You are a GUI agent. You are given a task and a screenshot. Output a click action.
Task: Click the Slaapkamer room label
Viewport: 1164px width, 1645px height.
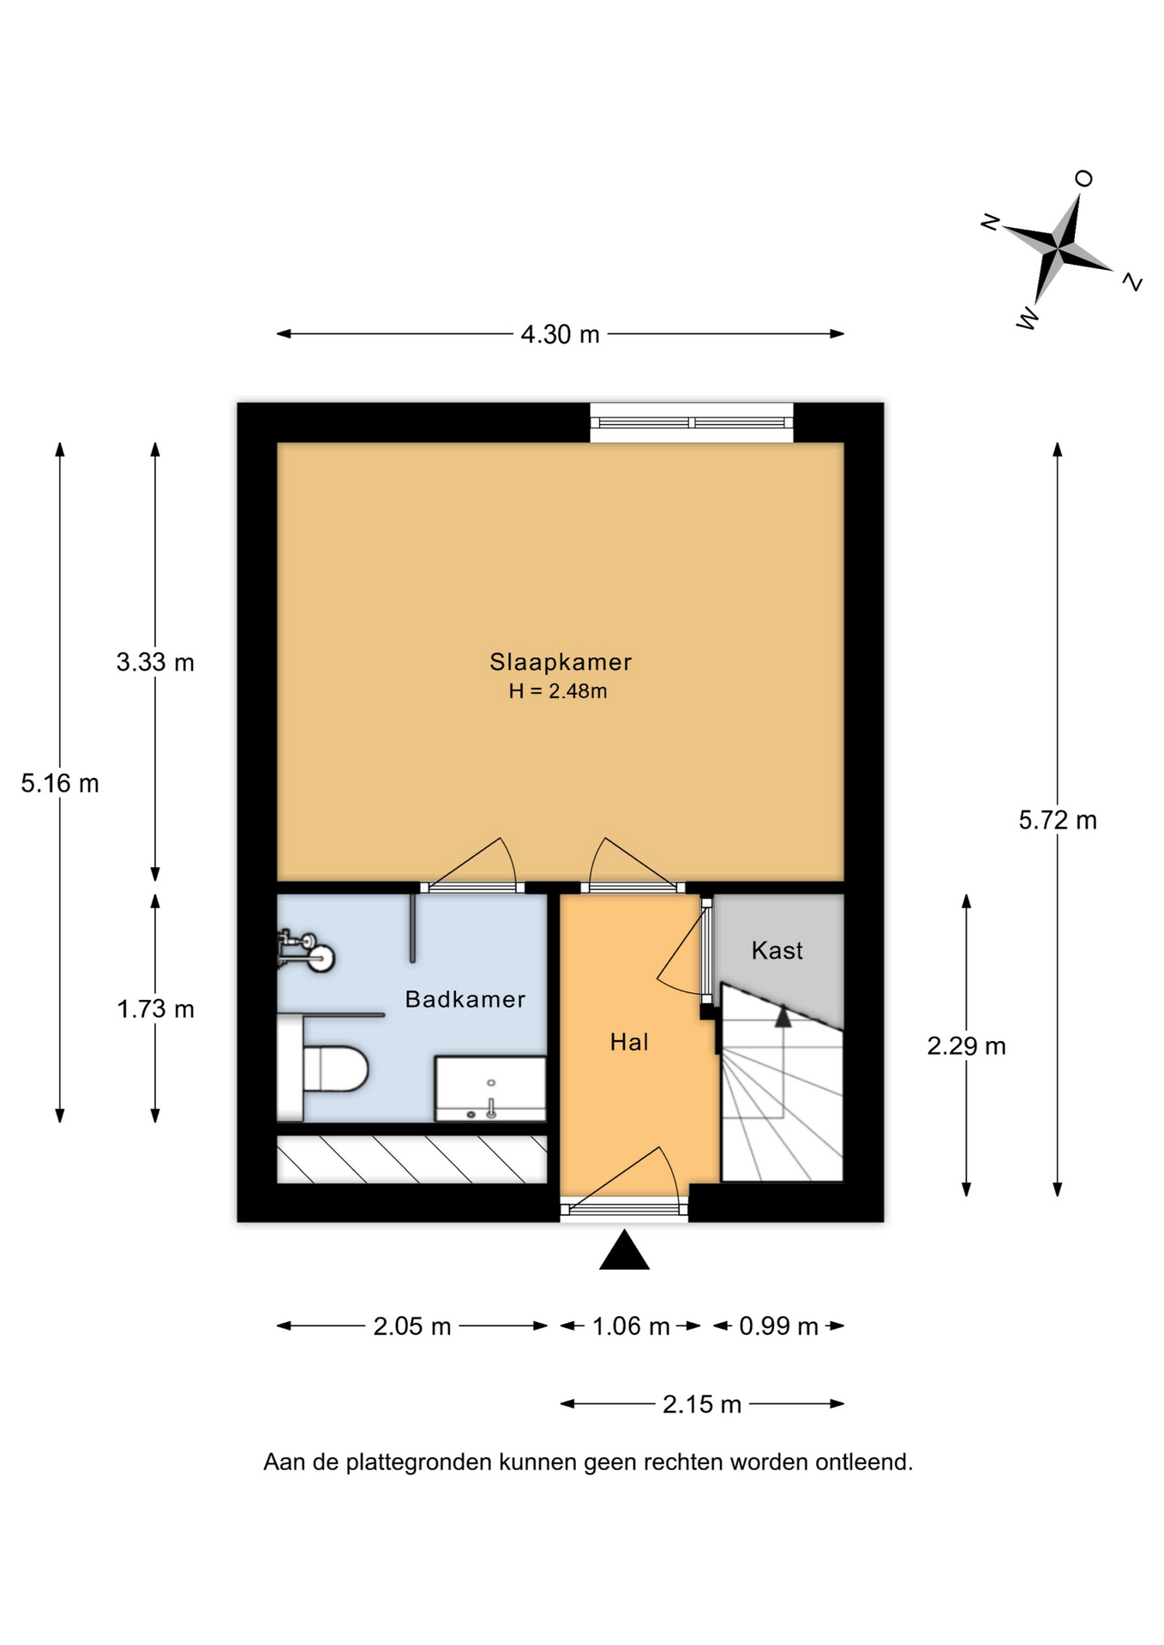click(561, 662)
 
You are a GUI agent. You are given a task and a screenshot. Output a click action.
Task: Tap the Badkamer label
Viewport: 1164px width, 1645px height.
click(465, 999)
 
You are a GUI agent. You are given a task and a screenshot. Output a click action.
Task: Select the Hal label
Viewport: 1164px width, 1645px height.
click(629, 1042)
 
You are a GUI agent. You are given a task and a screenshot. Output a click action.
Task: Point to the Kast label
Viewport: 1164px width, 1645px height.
click(777, 950)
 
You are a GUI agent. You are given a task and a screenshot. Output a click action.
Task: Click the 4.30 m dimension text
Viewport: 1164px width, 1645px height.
click(561, 334)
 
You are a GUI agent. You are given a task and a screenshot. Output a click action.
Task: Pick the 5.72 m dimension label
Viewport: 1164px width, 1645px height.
click(1058, 821)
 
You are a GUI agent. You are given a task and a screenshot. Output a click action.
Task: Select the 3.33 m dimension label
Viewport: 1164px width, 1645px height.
click(155, 662)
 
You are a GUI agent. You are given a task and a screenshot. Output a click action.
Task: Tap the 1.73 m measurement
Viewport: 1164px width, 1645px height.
click(155, 1009)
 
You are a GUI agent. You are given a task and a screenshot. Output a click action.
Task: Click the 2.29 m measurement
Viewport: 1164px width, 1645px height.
click(967, 1046)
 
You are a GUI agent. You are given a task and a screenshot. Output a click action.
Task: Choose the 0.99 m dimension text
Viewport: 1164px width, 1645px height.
click(779, 1326)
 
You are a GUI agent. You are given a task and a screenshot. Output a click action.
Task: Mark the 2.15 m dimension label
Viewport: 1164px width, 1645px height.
click(702, 1404)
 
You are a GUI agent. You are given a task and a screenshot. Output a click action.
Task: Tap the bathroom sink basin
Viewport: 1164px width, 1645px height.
click(490, 1088)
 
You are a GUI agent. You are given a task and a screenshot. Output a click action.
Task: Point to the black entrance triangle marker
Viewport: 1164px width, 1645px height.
click(624, 1252)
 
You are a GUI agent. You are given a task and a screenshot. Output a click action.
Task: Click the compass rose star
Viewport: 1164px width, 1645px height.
click(1059, 249)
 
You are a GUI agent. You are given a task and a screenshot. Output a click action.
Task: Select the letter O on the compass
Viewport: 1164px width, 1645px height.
click(1084, 178)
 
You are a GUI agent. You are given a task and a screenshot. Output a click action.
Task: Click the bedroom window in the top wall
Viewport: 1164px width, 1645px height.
click(692, 422)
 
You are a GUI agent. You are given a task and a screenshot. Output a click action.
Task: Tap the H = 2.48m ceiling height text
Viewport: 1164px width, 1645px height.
click(558, 691)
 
